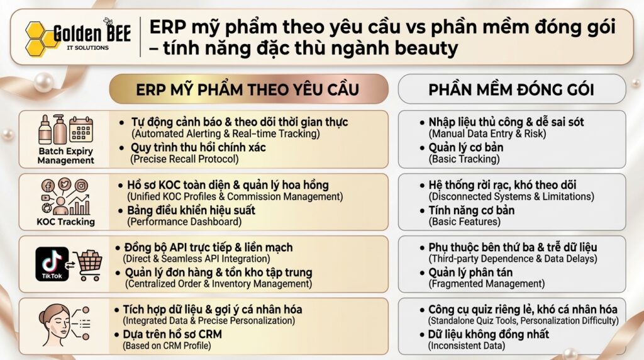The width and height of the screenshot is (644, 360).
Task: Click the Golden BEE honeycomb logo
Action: click(40, 39)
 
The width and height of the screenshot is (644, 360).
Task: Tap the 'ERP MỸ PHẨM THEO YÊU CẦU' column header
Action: click(248, 89)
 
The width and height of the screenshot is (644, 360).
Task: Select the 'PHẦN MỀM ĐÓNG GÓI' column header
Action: click(511, 89)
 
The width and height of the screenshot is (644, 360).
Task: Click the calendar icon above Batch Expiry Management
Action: click(81, 128)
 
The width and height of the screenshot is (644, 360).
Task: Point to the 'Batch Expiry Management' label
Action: click(65, 155)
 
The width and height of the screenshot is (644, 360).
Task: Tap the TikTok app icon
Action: click(52, 264)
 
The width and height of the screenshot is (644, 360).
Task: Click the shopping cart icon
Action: click(88, 265)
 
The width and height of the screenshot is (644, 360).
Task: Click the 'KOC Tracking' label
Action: click(65, 222)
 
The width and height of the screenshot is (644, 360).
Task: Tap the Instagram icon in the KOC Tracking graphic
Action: click(81, 186)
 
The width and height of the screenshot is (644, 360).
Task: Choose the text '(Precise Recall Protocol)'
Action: click(184, 159)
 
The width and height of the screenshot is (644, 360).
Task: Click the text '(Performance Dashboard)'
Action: click(184, 222)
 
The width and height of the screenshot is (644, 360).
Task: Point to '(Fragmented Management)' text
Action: click(487, 284)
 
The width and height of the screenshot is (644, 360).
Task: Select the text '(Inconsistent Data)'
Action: click(467, 346)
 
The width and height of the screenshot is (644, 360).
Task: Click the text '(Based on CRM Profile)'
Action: click(167, 346)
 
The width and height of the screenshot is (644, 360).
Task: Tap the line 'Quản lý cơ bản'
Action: click(466, 147)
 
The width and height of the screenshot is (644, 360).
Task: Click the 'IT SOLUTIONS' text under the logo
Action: click(88, 48)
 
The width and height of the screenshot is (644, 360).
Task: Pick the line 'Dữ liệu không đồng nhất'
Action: click(489, 334)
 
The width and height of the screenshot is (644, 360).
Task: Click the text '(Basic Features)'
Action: click(465, 222)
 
